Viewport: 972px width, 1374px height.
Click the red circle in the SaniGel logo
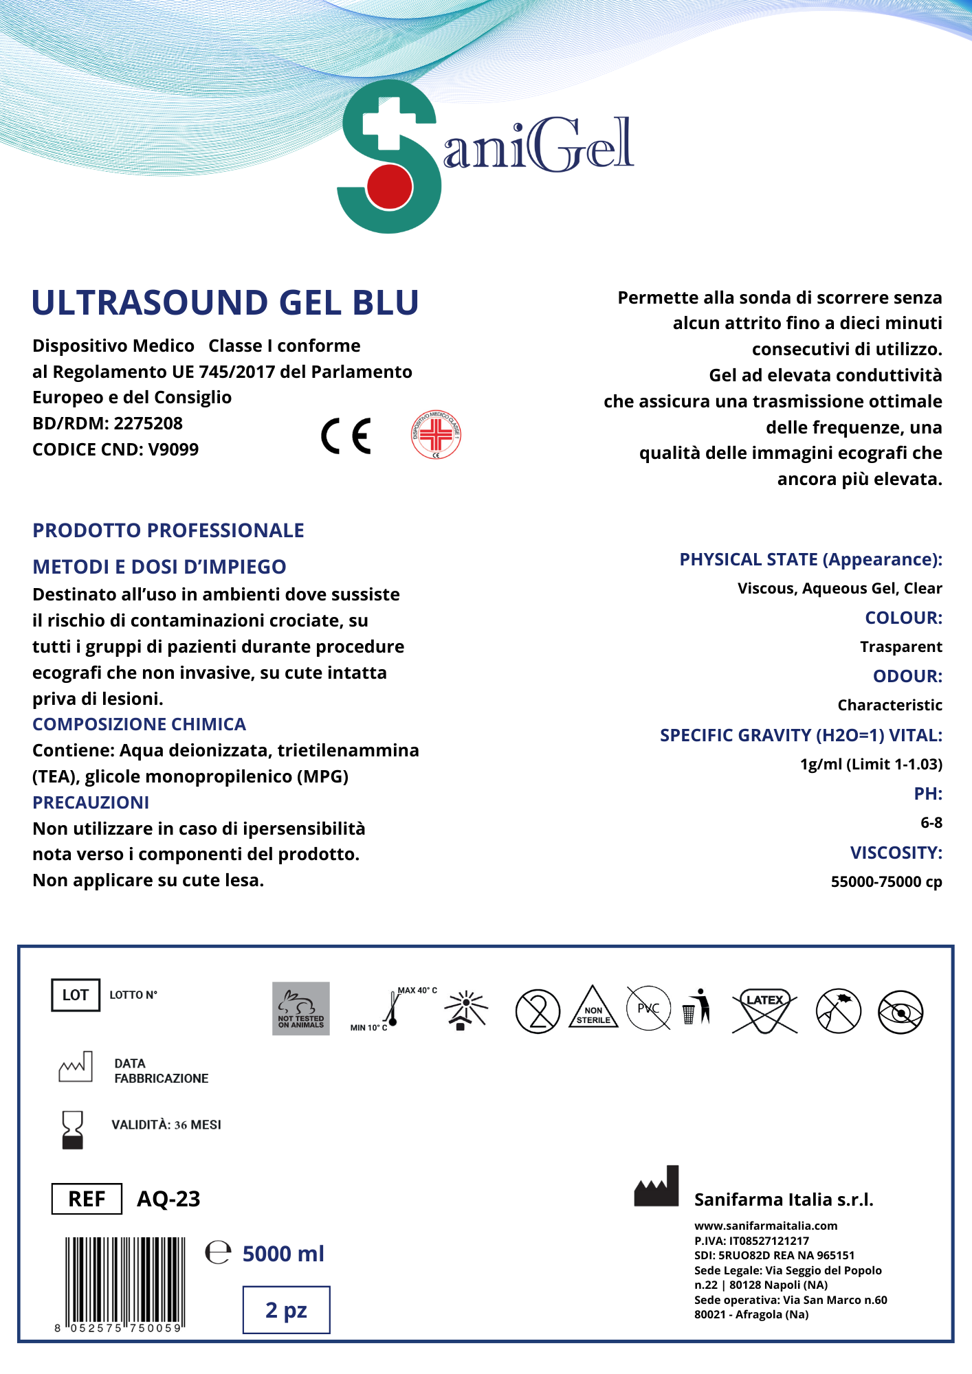[389, 185]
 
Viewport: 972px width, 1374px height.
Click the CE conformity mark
[346, 436]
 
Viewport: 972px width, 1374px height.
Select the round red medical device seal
[436, 435]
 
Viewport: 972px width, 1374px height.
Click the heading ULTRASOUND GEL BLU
[225, 303]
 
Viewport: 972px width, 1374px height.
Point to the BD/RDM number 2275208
[148, 423]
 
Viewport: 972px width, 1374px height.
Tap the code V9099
[173, 449]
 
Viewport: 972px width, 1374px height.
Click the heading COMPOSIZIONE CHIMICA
[139, 724]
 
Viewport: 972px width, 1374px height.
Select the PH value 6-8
[931, 822]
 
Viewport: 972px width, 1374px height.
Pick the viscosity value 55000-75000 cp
[886, 881]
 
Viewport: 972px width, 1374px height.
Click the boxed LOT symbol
[76, 995]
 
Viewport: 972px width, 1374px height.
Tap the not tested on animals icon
[301, 1009]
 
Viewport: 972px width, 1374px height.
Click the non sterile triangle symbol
[593, 1009]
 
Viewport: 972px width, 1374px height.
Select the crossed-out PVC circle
[648, 1008]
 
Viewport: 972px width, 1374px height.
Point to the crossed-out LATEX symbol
[764, 1010]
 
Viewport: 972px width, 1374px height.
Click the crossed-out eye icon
[901, 1012]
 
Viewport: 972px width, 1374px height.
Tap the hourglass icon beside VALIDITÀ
[72, 1129]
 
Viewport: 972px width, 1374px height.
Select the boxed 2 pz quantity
[286, 1310]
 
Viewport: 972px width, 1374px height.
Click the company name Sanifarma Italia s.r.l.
[784, 1200]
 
